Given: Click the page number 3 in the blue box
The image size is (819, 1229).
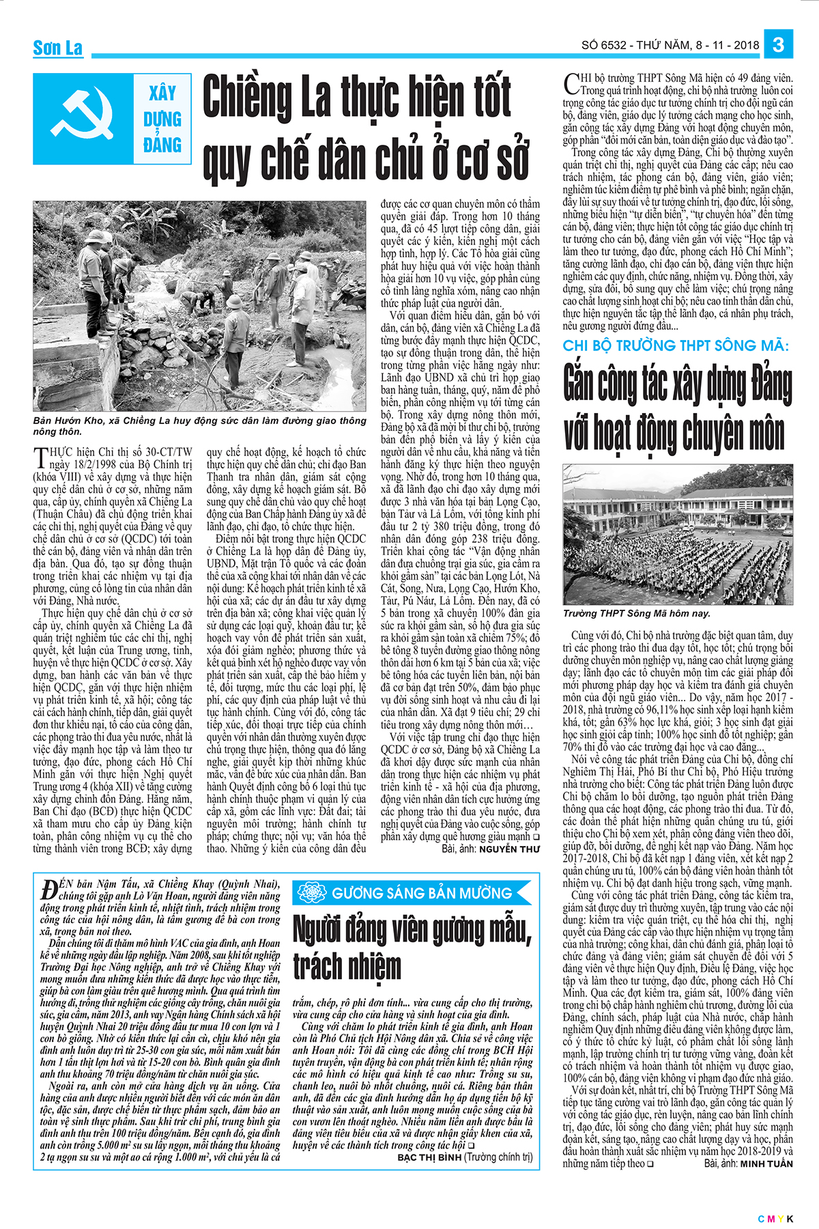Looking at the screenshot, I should [779, 45].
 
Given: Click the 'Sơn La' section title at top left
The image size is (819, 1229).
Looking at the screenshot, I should [58, 48].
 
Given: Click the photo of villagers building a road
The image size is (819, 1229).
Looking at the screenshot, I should [200, 306].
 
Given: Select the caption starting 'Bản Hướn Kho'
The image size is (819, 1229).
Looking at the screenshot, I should [199, 426].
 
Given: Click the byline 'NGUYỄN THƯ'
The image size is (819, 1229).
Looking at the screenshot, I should [508, 849].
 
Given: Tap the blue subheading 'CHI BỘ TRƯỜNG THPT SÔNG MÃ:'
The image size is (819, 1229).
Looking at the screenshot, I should [675, 345].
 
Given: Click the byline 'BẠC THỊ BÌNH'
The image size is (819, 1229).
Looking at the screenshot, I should [429, 1158].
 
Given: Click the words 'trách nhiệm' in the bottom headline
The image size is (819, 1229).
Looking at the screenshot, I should [347, 966].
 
